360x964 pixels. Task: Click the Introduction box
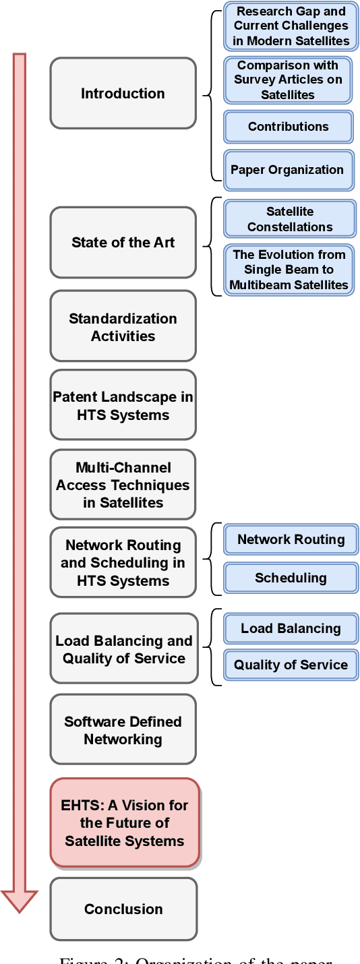123,93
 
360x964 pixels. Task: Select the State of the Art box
123,242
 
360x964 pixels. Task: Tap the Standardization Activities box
123,326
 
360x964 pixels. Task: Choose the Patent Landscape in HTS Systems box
123,405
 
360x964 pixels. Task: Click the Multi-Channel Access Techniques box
123,484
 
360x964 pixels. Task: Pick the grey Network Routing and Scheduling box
123,562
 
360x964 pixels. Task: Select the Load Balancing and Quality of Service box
124,649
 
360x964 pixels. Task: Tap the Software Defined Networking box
123,729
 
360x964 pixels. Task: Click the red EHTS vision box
125,822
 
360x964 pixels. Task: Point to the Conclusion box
123,909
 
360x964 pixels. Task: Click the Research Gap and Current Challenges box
291,26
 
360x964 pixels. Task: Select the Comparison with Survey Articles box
288,80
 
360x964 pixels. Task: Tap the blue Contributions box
288,126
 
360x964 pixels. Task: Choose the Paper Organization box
287,169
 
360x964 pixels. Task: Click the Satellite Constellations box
290,219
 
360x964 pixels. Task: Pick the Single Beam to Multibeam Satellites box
289,270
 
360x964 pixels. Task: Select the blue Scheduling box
291,578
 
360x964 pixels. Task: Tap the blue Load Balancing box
291,628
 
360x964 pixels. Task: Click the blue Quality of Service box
291,665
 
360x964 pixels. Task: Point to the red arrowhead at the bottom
20,900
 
